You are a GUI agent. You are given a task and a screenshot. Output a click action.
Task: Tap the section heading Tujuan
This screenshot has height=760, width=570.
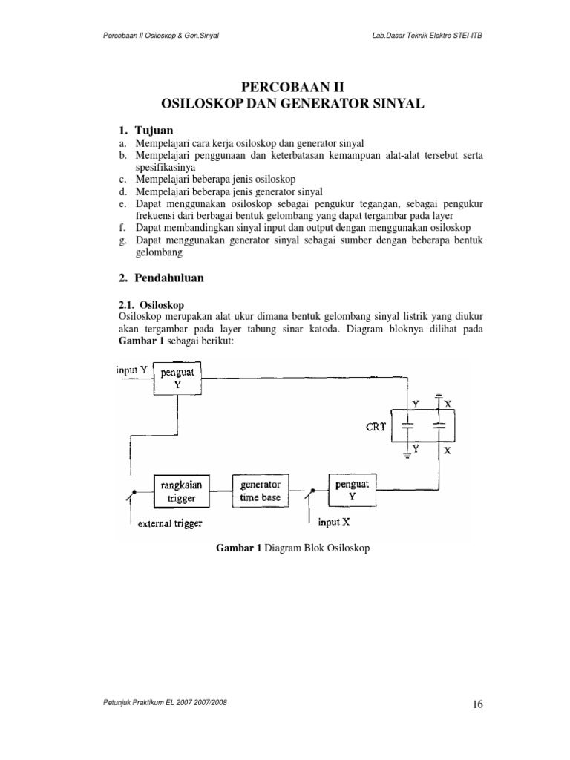[152, 130]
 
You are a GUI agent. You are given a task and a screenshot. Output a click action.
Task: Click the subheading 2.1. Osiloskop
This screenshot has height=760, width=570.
[151, 305]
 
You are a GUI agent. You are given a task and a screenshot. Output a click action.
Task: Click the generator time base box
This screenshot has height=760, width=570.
[260, 491]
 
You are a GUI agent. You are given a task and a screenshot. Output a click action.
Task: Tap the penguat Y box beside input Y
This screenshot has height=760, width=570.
[177, 379]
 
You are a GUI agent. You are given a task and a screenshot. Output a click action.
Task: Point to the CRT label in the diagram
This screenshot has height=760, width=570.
[375, 427]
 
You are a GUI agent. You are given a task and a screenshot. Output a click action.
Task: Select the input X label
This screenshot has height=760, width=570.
[334, 522]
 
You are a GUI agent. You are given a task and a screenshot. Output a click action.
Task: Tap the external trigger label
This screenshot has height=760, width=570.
[170, 524]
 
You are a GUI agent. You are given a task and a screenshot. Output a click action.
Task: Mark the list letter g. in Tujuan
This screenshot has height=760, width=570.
[122, 241]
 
